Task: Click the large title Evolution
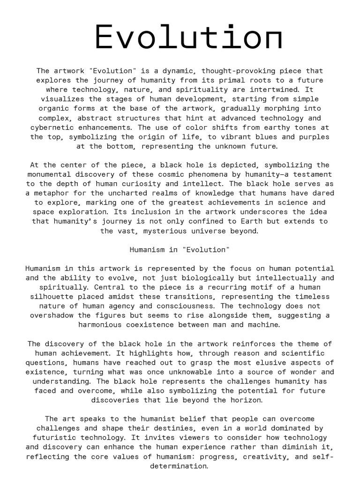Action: click(189, 37)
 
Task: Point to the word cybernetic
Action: click(53, 127)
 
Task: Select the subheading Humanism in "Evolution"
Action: click(180, 249)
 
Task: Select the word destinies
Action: click(172, 428)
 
